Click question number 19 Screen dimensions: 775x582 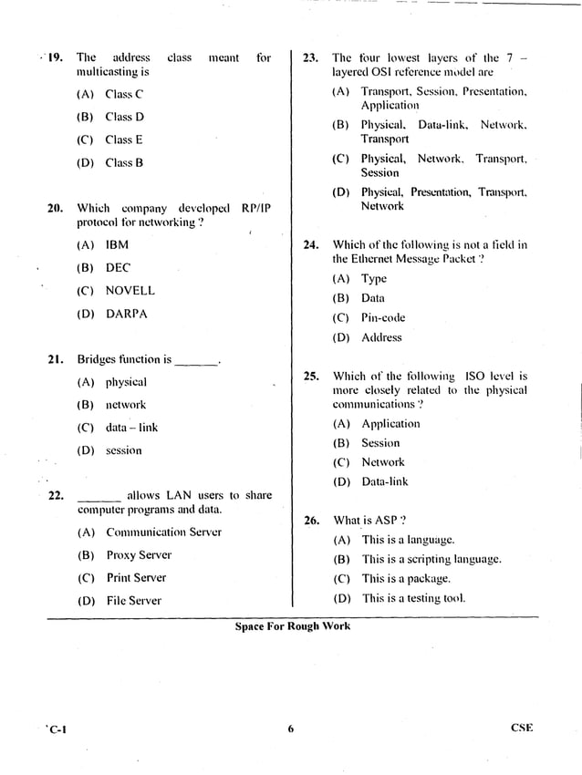pos(55,57)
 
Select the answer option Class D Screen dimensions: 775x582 pos(124,117)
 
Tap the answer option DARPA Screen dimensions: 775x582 pos(126,314)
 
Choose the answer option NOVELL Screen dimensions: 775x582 pos(130,291)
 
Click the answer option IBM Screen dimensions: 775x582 pos(117,245)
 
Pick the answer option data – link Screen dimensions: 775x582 pos(131,428)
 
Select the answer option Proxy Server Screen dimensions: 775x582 pos(139,555)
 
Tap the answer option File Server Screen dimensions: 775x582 pos(133,601)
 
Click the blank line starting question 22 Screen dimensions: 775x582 pos(99,498)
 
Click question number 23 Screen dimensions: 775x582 pos(311,57)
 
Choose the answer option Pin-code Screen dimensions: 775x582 pos(383,318)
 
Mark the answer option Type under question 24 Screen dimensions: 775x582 pos(374,279)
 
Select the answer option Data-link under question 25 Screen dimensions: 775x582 pos(385,481)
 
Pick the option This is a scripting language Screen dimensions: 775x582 pos(431,560)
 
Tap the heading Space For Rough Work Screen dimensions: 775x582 pos(292,626)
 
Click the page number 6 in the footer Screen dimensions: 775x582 pos(290,728)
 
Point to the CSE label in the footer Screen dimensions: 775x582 pos(522,728)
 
